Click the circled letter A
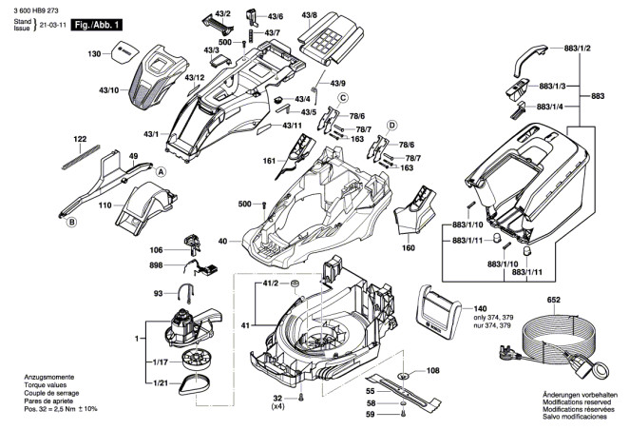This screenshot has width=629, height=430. coord(162,171)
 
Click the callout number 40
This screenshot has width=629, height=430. coord(221,243)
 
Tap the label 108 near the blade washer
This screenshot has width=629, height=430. coord(433,371)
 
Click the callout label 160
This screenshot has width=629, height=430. coord(409,249)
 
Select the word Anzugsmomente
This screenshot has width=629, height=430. coord(48,378)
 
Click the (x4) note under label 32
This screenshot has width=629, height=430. coord(279,407)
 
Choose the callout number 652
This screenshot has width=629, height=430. coord(554,300)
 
